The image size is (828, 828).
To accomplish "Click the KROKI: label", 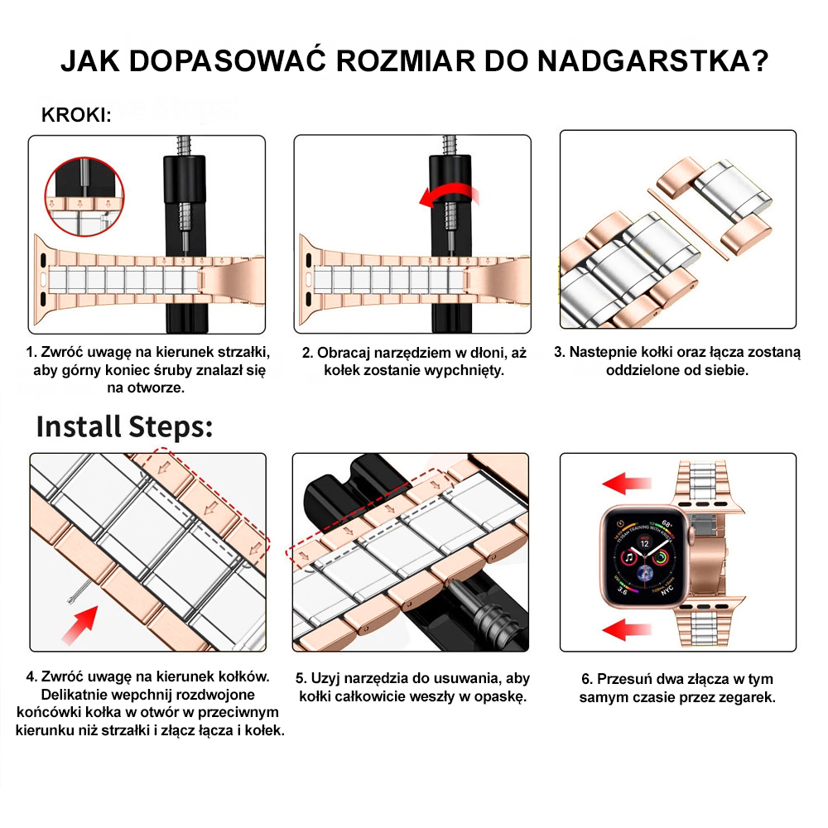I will pos(76,115).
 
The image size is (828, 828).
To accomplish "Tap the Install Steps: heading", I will pos(125,426).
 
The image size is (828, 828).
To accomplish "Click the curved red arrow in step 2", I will pos(448,197).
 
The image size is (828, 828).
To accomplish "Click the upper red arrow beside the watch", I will pos(628,483).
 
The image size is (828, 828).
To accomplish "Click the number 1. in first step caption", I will pos(32,352).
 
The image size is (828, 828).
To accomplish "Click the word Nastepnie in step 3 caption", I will pos(600,352).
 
